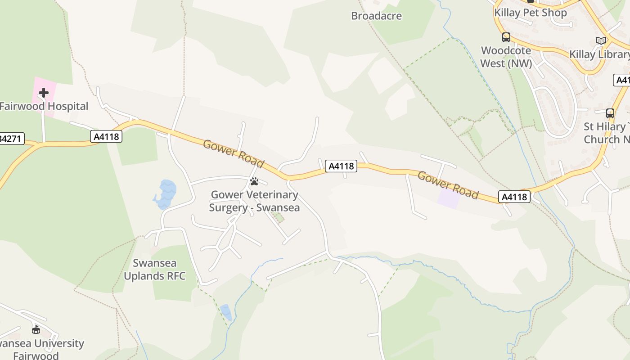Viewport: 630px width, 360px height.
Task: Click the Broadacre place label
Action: (376, 16)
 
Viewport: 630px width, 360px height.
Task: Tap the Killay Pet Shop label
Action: (530, 13)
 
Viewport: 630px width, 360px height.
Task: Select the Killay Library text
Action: (599, 54)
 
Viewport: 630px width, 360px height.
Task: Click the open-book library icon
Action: (601, 40)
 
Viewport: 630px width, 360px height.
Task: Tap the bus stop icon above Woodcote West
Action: (506, 37)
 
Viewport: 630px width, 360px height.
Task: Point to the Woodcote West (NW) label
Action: (506, 57)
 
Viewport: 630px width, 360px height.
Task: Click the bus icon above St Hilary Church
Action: (610, 113)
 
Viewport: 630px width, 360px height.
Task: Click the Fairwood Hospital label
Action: (44, 107)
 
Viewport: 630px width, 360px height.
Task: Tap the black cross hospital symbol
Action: (44, 93)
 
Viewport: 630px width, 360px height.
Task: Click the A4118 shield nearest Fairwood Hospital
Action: (106, 136)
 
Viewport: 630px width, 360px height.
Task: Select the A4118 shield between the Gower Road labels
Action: (341, 166)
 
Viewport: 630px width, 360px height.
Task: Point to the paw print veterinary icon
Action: (254, 181)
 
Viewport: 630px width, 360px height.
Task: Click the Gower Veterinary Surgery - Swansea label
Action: (254, 201)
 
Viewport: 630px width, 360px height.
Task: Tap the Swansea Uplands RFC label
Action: (154, 270)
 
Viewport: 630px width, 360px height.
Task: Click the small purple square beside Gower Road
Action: (449, 199)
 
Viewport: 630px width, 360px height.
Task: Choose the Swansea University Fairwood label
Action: (40, 350)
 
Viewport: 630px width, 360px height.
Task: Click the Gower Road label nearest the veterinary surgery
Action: (233, 153)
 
